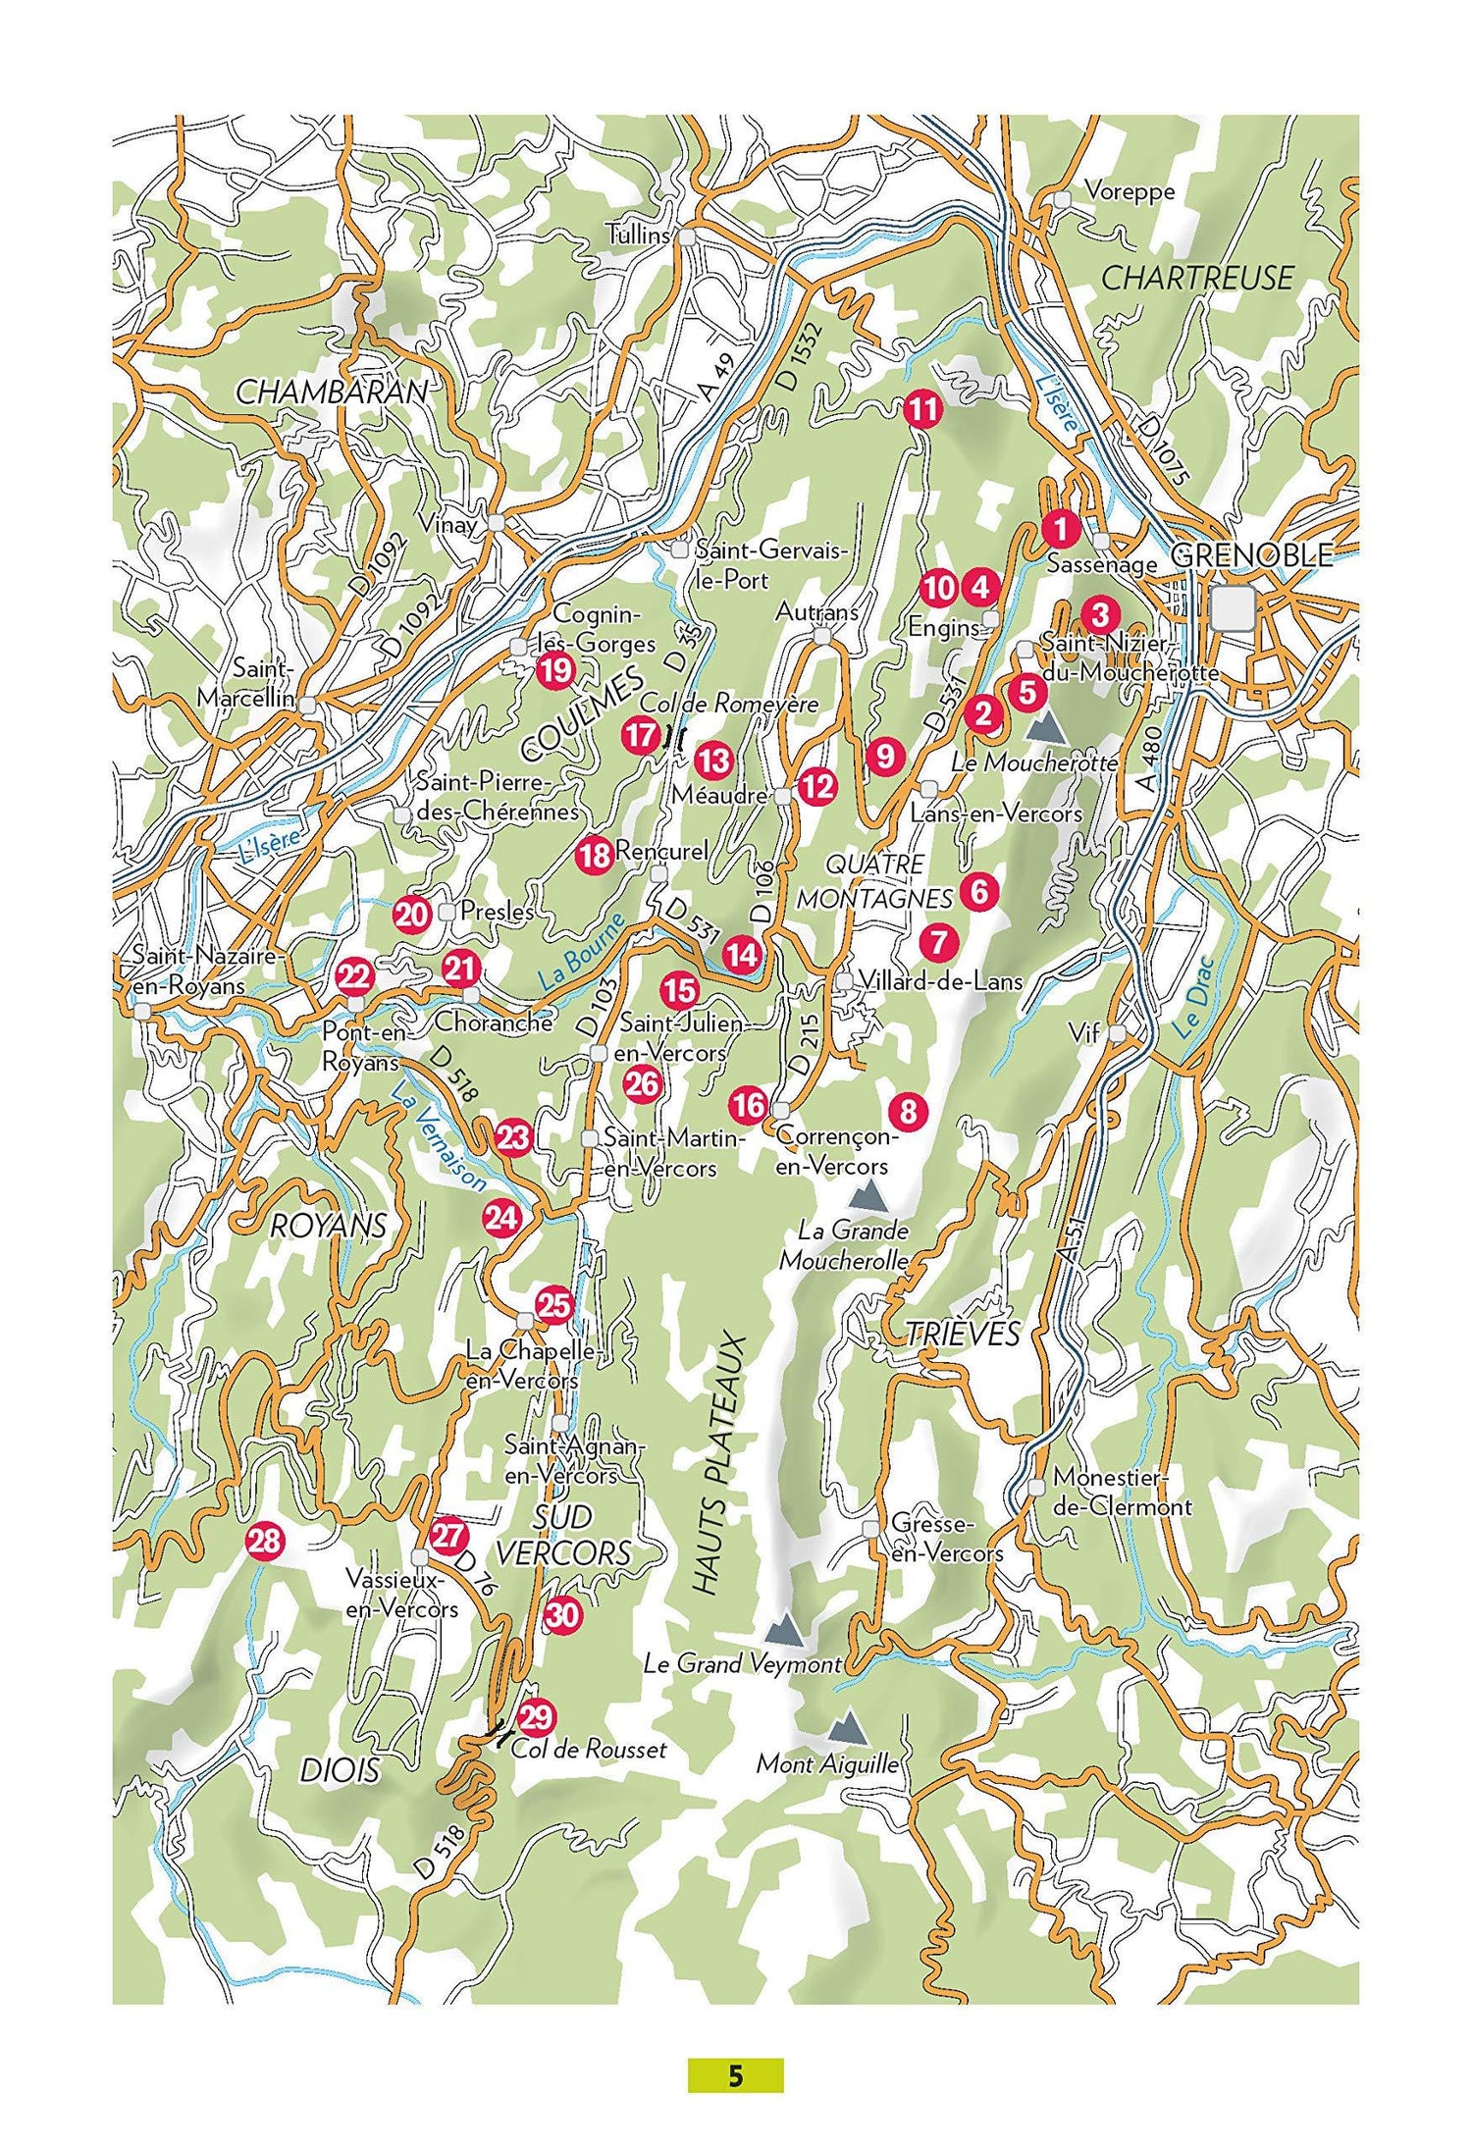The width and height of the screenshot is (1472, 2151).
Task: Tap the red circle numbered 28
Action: tap(264, 1541)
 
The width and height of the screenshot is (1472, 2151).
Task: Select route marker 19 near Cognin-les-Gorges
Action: tap(555, 672)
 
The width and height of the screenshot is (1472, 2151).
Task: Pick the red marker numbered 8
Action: tap(908, 1111)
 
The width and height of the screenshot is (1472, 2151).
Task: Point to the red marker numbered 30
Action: tap(563, 1614)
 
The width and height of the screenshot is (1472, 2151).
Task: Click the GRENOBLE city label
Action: tap(1252, 554)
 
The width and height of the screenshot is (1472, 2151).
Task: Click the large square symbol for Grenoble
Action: tap(1234, 607)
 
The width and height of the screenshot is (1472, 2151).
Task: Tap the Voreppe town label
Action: tap(1129, 191)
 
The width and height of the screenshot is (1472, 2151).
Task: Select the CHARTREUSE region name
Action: tap(1197, 278)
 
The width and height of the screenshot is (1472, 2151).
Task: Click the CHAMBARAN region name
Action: tap(333, 393)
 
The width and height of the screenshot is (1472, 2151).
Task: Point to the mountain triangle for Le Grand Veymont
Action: tap(784, 1631)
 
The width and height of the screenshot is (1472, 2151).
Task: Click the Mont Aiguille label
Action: tap(827, 1764)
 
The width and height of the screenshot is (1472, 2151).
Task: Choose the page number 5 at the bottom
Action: tap(735, 2076)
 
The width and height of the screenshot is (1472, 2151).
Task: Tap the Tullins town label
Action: tap(638, 236)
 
